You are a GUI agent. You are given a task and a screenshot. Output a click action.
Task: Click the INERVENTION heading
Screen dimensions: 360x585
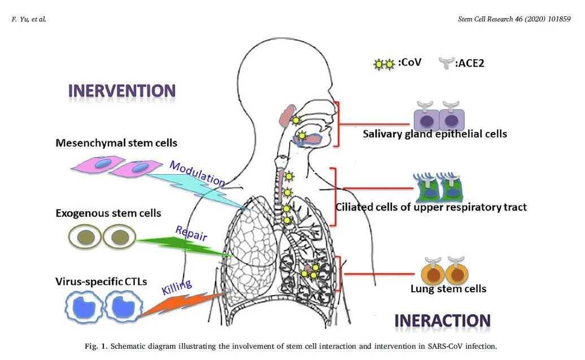[x=122, y=91]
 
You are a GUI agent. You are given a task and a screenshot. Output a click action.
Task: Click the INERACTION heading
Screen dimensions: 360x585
[x=442, y=321]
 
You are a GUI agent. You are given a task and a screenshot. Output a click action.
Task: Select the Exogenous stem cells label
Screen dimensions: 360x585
[x=108, y=213]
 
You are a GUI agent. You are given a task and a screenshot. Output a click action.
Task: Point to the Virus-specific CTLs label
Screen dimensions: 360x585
[x=102, y=281]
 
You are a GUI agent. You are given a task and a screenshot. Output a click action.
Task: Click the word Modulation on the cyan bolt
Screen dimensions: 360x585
[x=197, y=173]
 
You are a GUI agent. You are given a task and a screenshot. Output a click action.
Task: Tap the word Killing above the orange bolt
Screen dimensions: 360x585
[x=177, y=287]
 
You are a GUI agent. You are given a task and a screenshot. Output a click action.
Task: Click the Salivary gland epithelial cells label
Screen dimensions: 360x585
[x=435, y=134]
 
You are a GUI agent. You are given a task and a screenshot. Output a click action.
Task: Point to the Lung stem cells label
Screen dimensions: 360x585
[x=448, y=289]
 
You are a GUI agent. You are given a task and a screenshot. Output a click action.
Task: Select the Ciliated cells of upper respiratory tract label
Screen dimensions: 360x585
[x=431, y=207]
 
